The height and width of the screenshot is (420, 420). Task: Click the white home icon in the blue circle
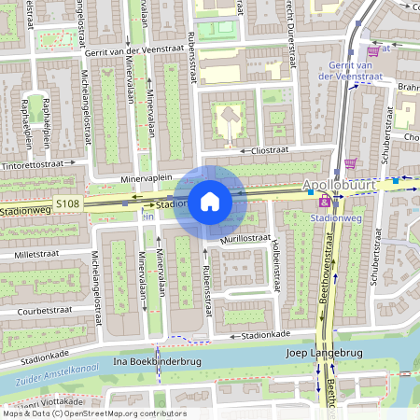[x=210, y=202]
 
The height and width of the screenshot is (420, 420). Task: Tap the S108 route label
[x=68, y=202]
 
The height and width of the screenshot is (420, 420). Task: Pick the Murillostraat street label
[x=245, y=240]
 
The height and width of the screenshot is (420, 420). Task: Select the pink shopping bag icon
[x=324, y=202]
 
